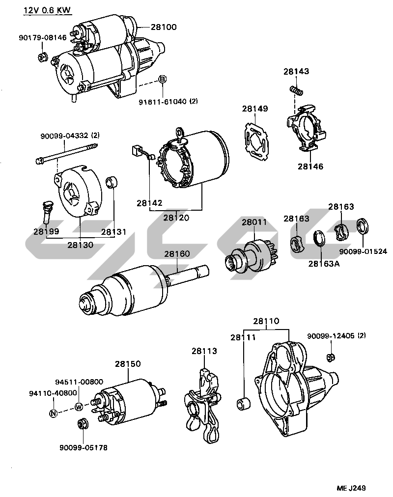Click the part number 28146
310,166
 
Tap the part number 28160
177,254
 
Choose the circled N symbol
54,413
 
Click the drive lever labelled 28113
205,403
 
